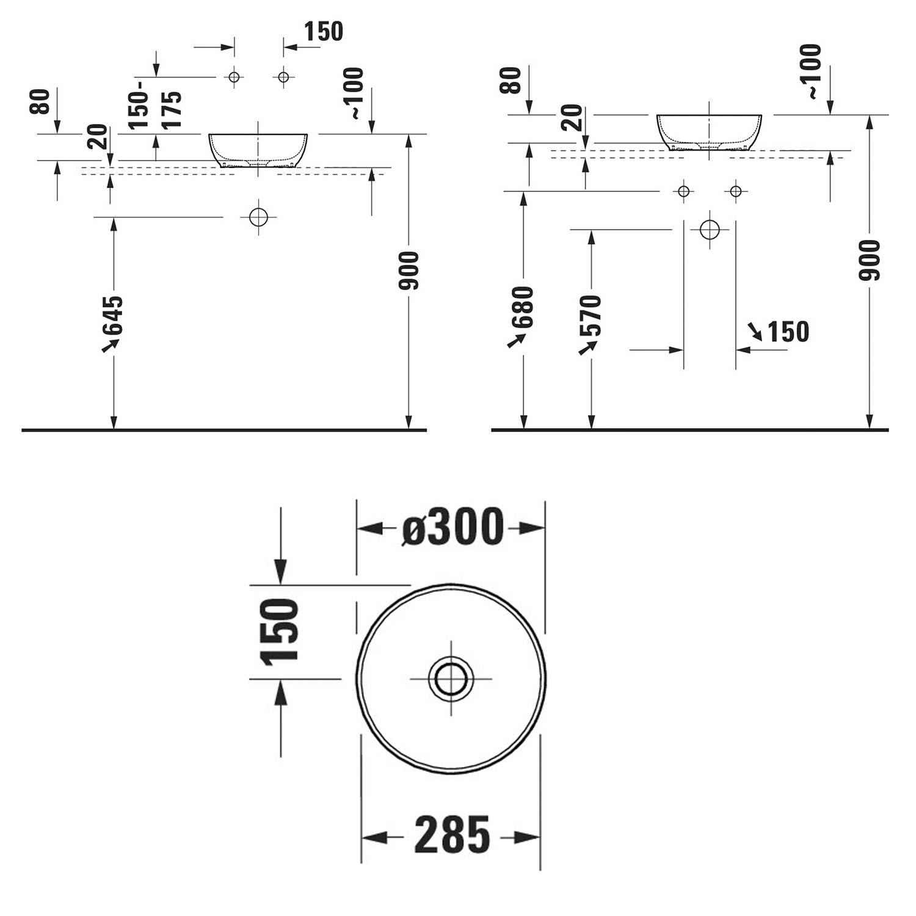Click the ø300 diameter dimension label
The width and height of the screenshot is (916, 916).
coord(453,527)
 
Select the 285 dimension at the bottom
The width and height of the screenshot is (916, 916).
coord(452,835)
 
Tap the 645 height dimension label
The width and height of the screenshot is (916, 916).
coord(112,323)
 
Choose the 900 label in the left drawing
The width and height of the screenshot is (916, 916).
coord(408,271)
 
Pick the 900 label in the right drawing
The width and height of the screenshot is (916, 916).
coord(870,260)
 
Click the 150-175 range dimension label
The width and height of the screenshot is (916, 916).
coord(156,109)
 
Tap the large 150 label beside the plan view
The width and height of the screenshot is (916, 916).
coord(280,632)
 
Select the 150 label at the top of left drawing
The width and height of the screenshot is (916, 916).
coord(323,31)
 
